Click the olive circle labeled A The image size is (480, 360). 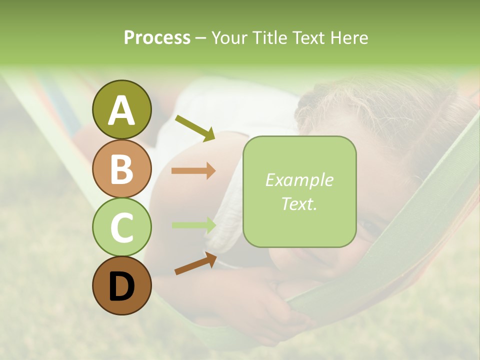click(121, 109)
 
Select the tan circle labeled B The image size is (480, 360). click(121, 168)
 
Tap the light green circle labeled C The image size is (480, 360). click(121, 227)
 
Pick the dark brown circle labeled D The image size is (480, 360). click(121, 286)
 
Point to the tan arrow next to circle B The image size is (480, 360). click(193, 171)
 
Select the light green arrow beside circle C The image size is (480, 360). click(193, 225)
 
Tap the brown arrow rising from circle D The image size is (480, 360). click(195, 263)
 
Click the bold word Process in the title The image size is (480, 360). click(157, 38)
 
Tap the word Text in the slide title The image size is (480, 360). click(310, 38)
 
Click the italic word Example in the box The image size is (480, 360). click(299, 180)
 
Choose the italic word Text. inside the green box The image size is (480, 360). click(299, 203)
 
